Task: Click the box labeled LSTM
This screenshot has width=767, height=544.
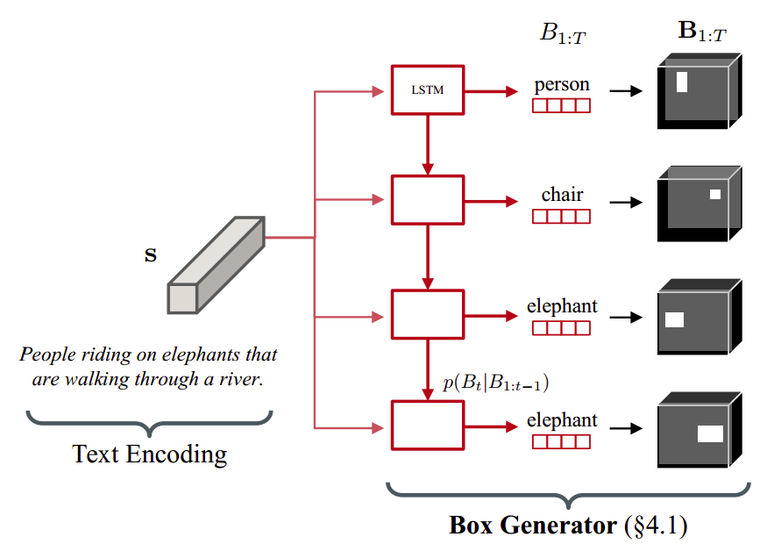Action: tap(426, 89)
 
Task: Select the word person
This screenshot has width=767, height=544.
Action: tap(562, 85)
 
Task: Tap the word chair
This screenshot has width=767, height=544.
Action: tap(562, 195)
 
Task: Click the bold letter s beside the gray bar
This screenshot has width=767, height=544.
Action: tap(151, 256)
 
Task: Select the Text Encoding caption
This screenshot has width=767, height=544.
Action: tap(150, 454)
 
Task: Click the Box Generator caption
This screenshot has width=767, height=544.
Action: tap(568, 526)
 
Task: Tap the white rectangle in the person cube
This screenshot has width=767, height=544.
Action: tap(682, 82)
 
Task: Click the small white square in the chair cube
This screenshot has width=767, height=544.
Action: tap(715, 194)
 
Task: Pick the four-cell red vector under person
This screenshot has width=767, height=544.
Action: tap(562, 106)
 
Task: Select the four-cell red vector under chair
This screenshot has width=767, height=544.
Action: tap(562, 216)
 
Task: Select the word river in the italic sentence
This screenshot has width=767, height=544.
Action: tap(240, 381)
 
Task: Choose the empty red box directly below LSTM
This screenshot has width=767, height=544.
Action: tap(426, 200)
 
